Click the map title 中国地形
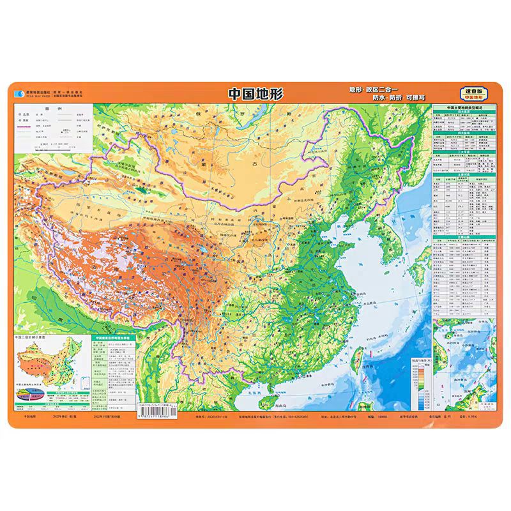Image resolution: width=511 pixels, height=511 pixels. [x=256, y=93]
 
